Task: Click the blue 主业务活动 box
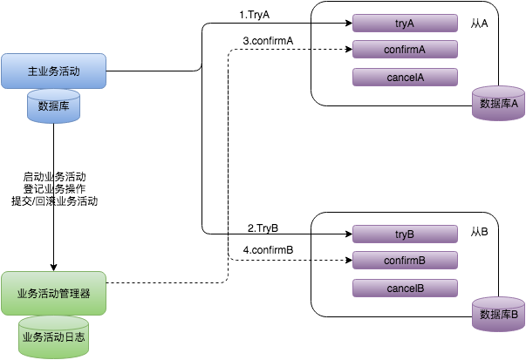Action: (x=53, y=71)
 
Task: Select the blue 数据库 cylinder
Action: (x=53, y=106)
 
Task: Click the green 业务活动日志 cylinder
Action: (x=53, y=335)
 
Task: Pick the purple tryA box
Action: (x=405, y=23)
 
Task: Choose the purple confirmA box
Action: (x=405, y=50)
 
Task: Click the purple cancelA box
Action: (x=405, y=77)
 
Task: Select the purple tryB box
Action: (x=405, y=234)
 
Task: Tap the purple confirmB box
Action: (x=405, y=261)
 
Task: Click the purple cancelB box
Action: (x=405, y=288)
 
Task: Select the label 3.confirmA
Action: (x=267, y=41)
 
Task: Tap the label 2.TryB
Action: (x=262, y=228)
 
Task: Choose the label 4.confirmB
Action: (x=267, y=252)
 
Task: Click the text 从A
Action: (x=478, y=23)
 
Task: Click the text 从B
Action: (x=478, y=234)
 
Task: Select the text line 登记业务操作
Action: (x=54, y=188)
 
